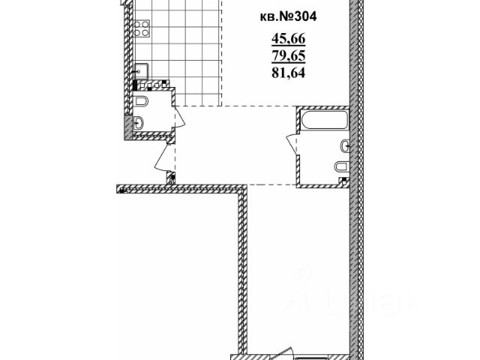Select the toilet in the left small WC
pyautogui.click(x=141, y=100)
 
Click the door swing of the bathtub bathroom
pyautogui.click(x=292, y=142)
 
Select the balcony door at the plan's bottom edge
pyautogui.click(x=283, y=352)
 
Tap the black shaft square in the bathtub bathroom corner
pyautogui.click(x=344, y=180)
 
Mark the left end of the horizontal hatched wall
pyautogui.click(x=120, y=188)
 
